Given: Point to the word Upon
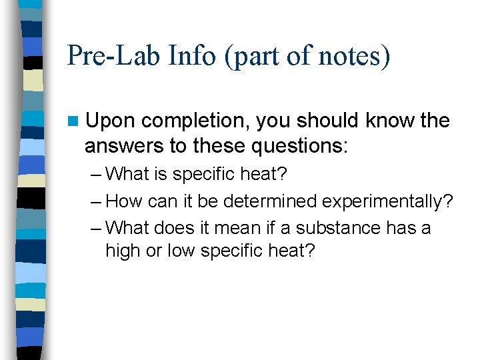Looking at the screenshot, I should [111, 121].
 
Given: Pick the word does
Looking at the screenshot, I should [172, 228].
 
